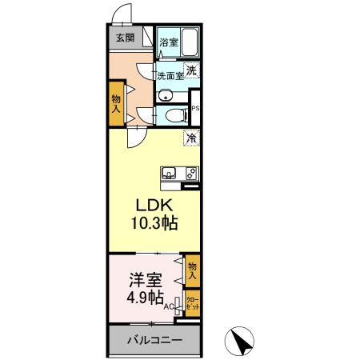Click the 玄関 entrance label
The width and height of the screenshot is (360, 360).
tap(123, 38)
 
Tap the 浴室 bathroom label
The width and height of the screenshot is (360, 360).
tap(168, 42)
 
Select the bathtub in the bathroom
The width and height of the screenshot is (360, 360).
tap(189, 41)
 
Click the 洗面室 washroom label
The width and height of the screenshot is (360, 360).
tap(170, 77)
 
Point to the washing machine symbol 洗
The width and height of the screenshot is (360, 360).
tap(191, 70)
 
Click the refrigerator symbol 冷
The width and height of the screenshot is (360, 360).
tap(191, 138)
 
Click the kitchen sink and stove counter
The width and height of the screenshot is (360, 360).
tap(179, 172)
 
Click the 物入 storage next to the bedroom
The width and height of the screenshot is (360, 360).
tap(192, 270)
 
